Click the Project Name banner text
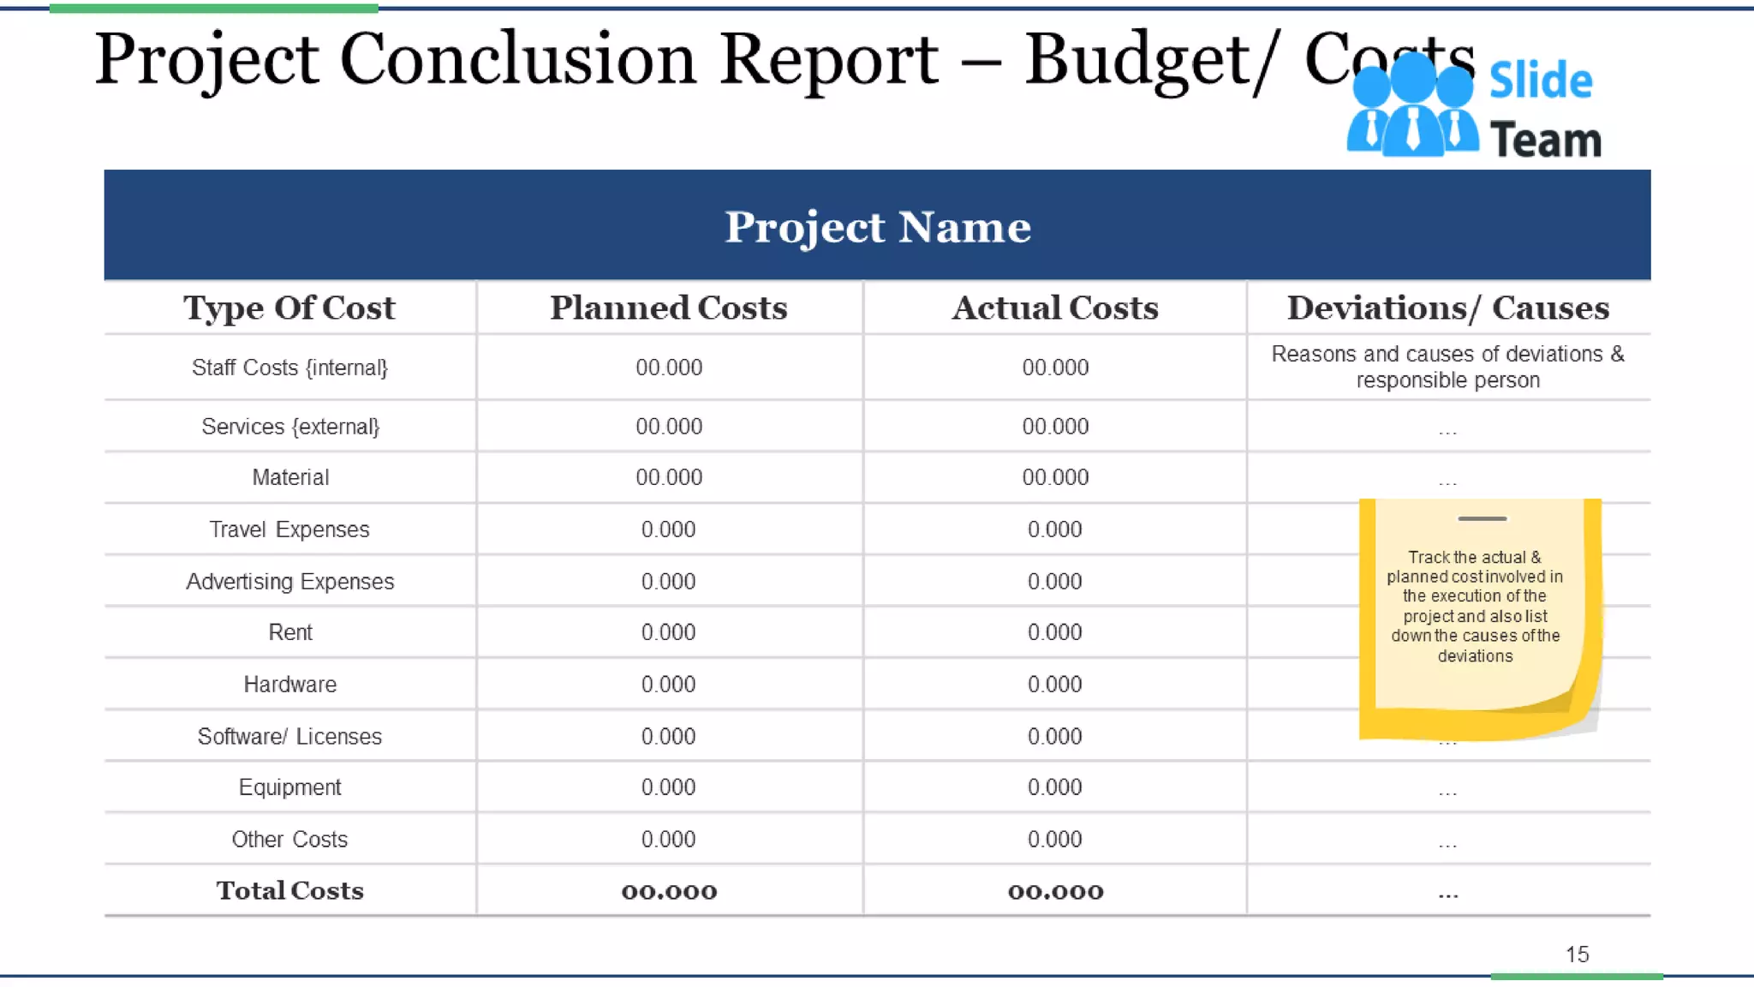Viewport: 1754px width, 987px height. pyautogui.click(x=878, y=227)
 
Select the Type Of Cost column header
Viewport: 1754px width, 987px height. pyautogui.click(x=289, y=308)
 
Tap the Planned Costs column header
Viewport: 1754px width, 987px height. pyautogui.click(x=669, y=308)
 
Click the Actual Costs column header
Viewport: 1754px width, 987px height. pyautogui.click(x=1055, y=308)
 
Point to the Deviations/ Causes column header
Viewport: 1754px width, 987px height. pyautogui.click(x=1447, y=308)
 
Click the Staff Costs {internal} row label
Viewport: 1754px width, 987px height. pyautogui.click(x=289, y=368)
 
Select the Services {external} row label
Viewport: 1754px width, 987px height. pyautogui.click(x=289, y=427)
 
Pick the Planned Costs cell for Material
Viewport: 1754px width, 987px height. pyautogui.click(x=669, y=477)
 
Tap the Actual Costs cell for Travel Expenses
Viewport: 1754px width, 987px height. pyautogui.click(x=1055, y=529)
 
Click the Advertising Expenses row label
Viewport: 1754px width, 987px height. pyautogui.click(x=289, y=582)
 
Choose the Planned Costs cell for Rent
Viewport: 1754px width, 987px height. pyautogui.click(x=669, y=632)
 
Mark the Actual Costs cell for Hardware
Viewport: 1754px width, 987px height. pyautogui.click(x=1055, y=685)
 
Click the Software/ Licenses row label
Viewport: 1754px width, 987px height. pyautogui.click(x=289, y=737)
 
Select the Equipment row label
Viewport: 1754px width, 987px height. pyautogui.click(x=289, y=787)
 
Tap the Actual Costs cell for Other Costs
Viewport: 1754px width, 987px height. pyautogui.click(x=1055, y=840)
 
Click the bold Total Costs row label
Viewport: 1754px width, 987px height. pyautogui.click(x=289, y=891)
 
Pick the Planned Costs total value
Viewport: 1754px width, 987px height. pyautogui.click(x=669, y=892)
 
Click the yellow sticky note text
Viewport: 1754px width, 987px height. pyautogui.click(x=1475, y=607)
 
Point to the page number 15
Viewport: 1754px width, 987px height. pyautogui.click(x=1577, y=954)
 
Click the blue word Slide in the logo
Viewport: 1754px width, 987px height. pyautogui.click(x=1540, y=81)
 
